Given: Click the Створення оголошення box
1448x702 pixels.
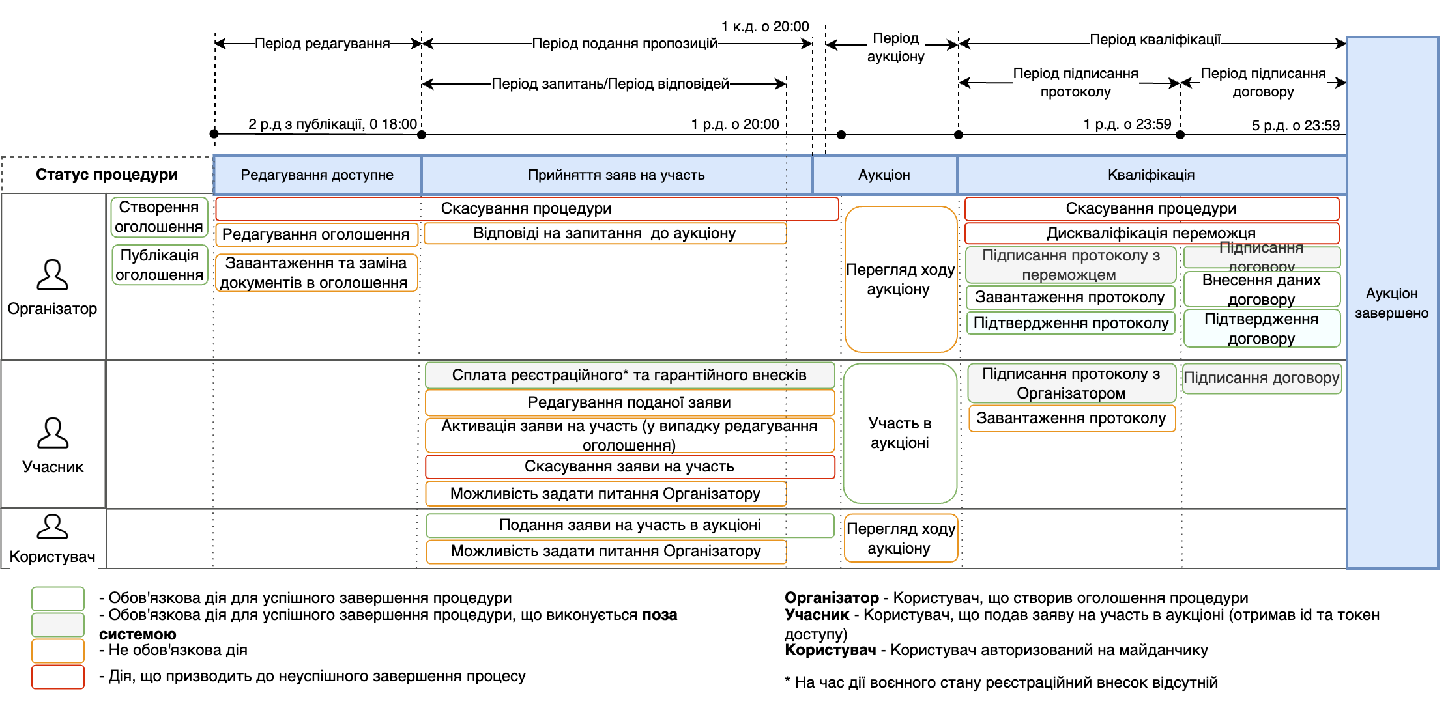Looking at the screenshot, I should coord(159,217).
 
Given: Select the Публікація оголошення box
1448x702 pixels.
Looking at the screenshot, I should coord(159,265).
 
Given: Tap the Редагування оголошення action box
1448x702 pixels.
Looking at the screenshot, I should coord(316,234).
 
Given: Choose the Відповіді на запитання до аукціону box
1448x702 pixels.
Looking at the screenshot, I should coord(605,233).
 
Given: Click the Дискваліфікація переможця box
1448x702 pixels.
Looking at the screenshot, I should coord(1151,233).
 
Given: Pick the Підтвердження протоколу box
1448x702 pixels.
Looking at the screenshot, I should coord(1071,323).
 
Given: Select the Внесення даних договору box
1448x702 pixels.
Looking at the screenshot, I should coord(1261,289).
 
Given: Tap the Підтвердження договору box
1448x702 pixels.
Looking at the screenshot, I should coord(1261,328).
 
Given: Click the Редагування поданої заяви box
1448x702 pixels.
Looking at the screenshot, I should coord(629,402).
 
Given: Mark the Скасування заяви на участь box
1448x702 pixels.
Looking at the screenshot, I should coord(629,466).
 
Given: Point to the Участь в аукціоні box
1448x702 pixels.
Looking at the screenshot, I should coord(899,433).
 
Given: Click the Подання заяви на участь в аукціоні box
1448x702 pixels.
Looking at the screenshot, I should coord(630,525).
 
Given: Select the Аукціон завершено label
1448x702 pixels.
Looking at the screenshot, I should coord(1391,303).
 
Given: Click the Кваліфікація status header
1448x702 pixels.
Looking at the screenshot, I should coord(1151,175).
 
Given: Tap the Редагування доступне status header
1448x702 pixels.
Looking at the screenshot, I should coord(317,175).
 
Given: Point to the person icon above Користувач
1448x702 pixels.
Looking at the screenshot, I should coord(52,527).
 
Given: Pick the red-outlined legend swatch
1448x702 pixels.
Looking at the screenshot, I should coord(58,677).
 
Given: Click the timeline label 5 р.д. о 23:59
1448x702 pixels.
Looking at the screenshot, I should coord(1295,126).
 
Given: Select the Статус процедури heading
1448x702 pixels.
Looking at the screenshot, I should coord(107,175).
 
